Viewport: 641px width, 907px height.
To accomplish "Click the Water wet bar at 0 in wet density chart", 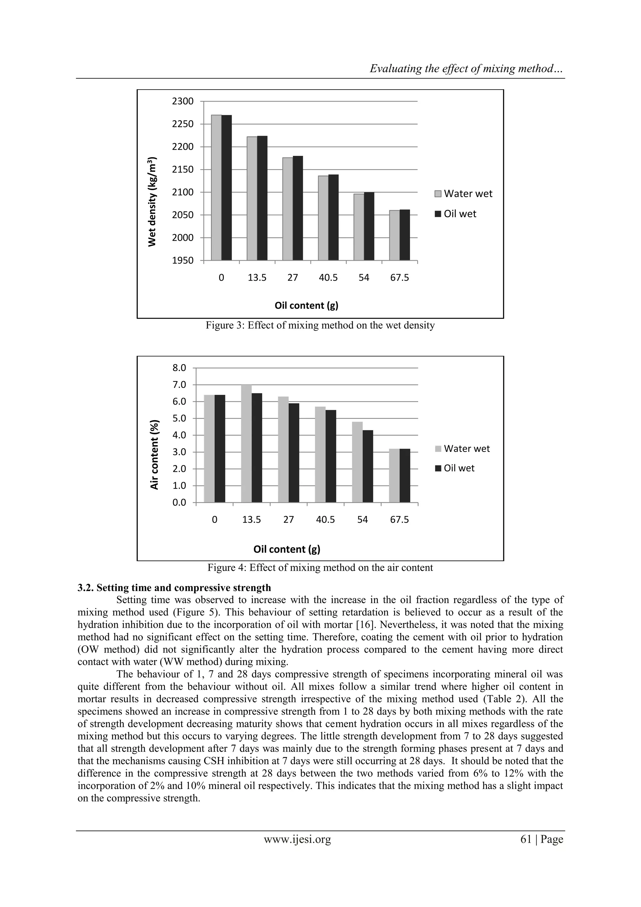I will coord(216,188).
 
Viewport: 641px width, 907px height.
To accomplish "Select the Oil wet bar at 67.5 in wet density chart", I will coord(404,235).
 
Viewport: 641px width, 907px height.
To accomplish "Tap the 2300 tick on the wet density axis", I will coord(183,101).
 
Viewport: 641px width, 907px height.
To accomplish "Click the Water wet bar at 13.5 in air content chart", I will coord(246,444).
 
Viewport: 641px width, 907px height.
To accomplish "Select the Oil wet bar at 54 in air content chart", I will coord(368,466).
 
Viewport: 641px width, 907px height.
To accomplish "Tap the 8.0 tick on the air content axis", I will coord(179,368).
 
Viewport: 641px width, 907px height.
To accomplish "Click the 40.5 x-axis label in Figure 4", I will coord(326,520).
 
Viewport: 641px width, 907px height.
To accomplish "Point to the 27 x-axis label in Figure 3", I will coord(292,278).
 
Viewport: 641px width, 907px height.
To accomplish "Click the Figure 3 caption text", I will coord(320,326).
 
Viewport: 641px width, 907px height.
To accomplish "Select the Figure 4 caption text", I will coord(320,568).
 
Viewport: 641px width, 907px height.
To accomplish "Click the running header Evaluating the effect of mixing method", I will coord(466,69).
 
